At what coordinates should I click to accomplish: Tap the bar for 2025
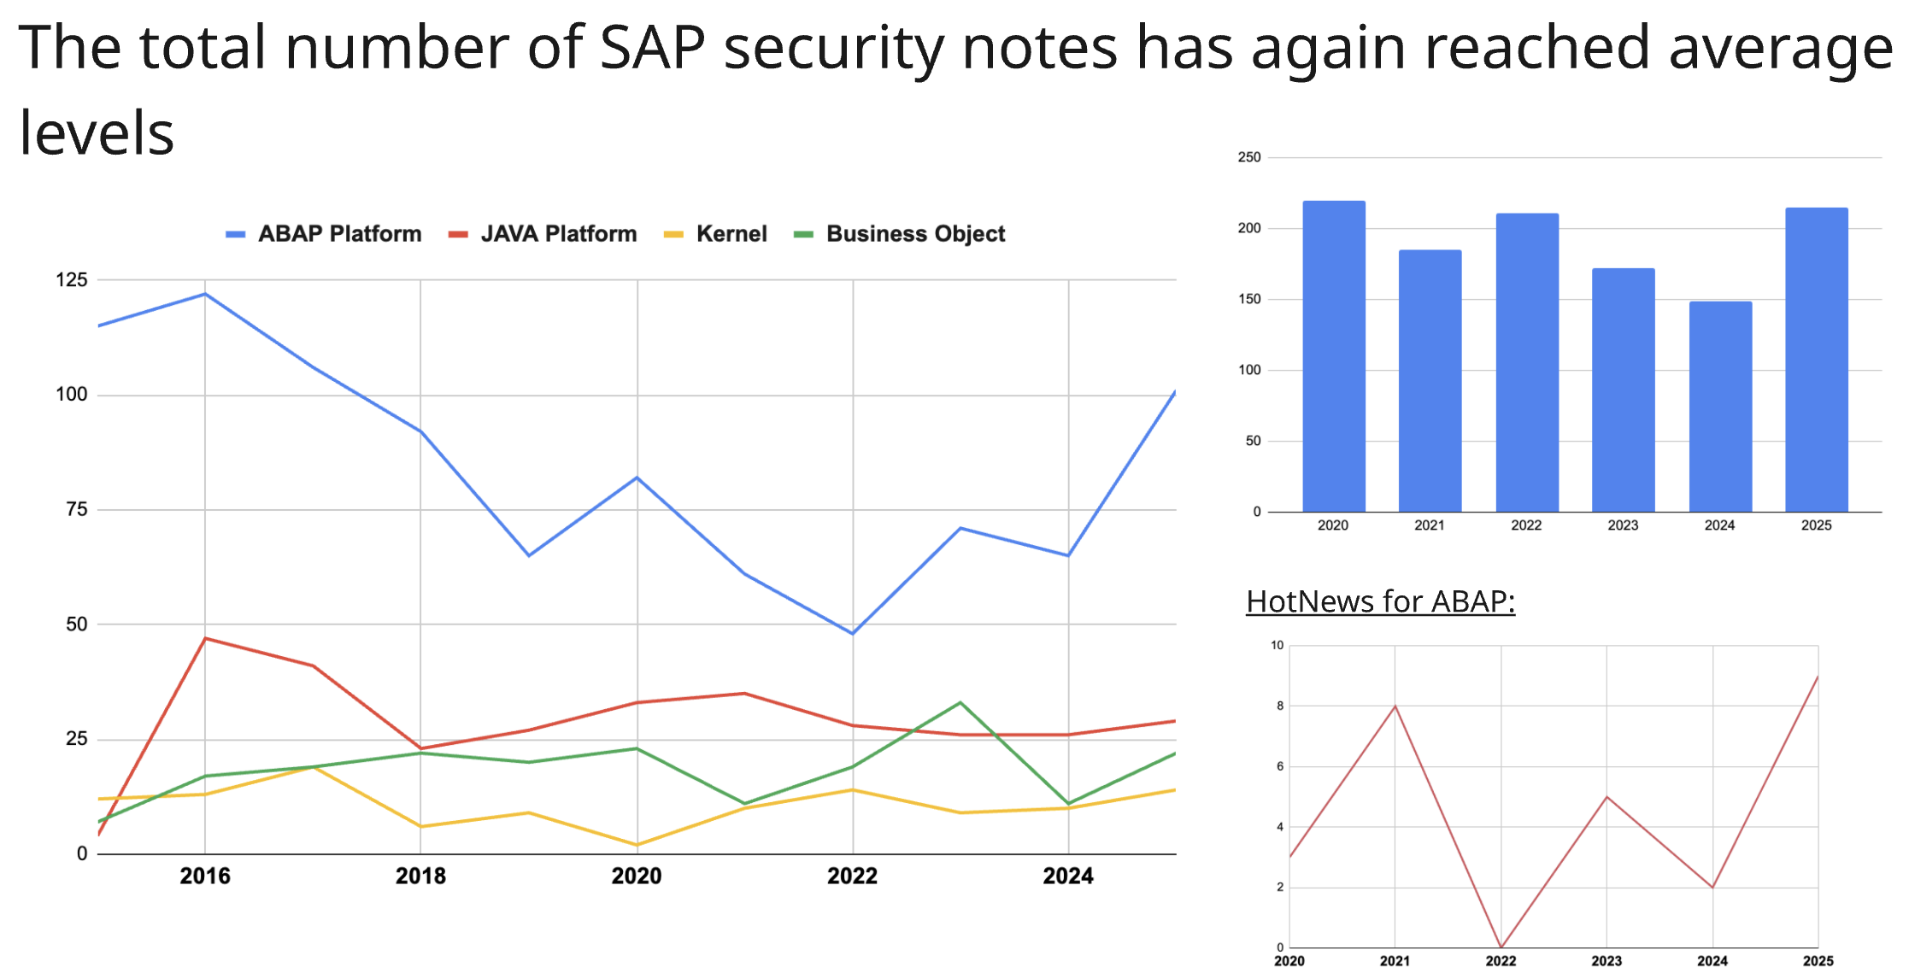pyautogui.click(x=1817, y=360)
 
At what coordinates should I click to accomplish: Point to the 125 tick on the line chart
pyautogui.click(x=72, y=280)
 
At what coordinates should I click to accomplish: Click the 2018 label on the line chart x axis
pyautogui.click(x=420, y=876)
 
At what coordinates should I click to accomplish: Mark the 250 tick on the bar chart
pyautogui.click(x=1249, y=157)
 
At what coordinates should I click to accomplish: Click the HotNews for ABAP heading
pyautogui.click(x=1380, y=601)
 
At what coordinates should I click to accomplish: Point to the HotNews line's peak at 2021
pyautogui.click(x=1395, y=706)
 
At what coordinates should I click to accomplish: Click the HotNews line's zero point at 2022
pyautogui.click(x=1501, y=947)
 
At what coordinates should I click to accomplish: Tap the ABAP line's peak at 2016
pyautogui.click(x=205, y=294)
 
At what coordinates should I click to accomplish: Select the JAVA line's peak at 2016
pyautogui.click(x=205, y=638)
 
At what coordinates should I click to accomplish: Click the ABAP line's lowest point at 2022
pyautogui.click(x=852, y=633)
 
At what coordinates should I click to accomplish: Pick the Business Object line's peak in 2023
pyautogui.click(x=960, y=703)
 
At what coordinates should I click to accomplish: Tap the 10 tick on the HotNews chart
pyautogui.click(x=1277, y=645)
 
